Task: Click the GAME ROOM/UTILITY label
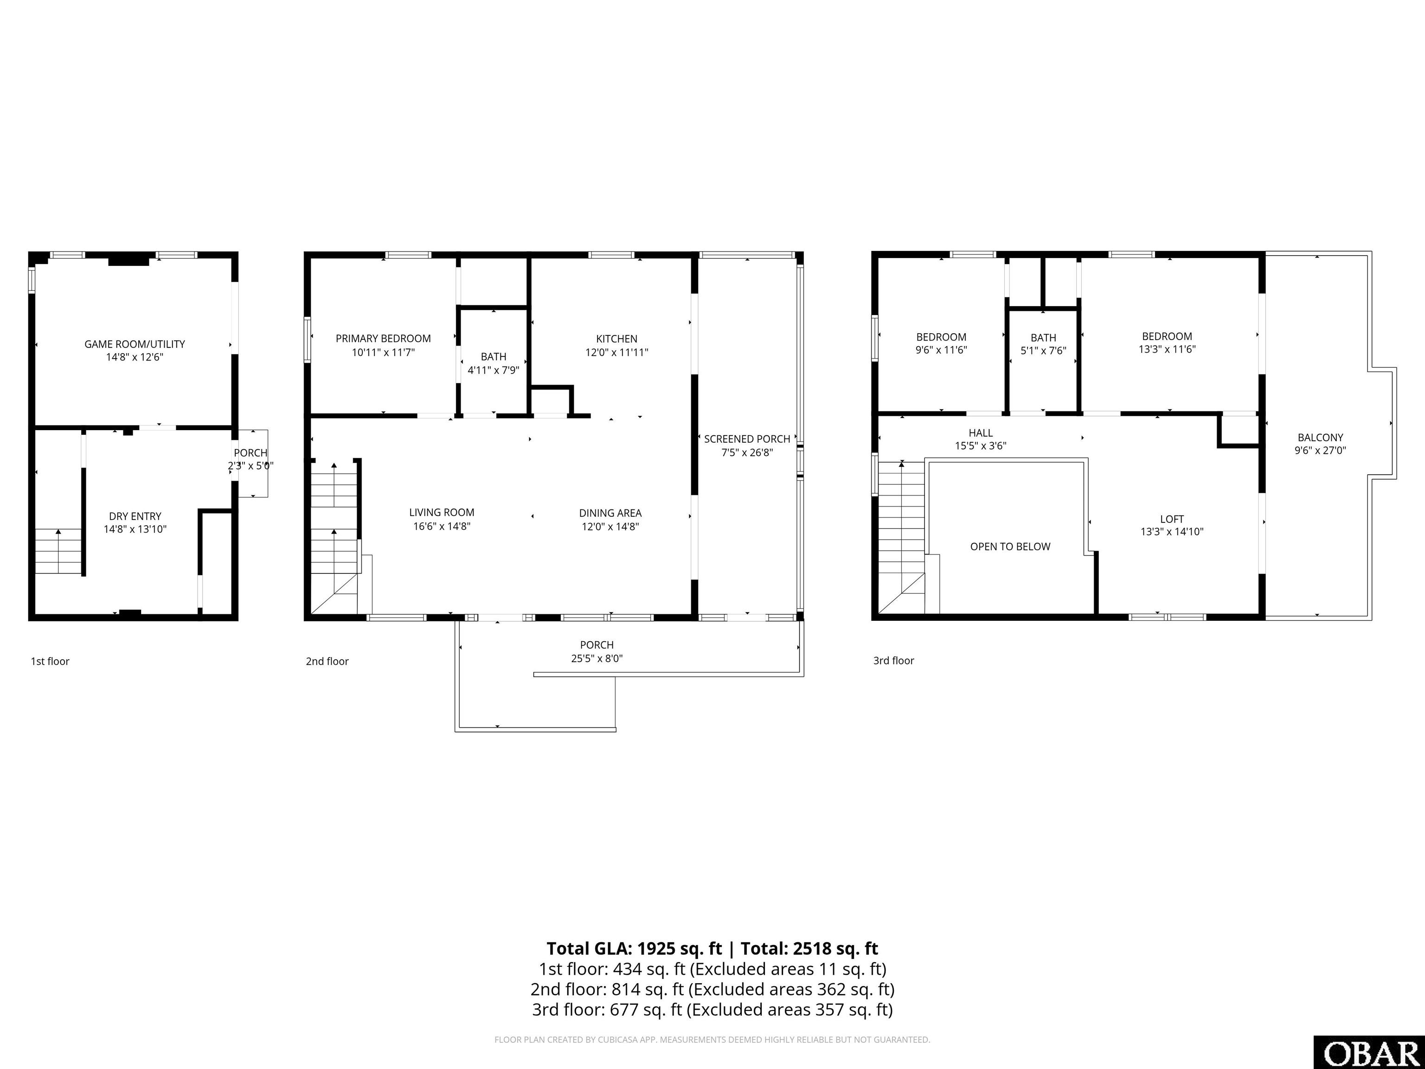(x=135, y=344)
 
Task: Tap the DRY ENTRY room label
(x=135, y=516)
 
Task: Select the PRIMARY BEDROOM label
(x=383, y=338)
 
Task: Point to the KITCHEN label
(x=616, y=339)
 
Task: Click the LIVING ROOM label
(x=442, y=512)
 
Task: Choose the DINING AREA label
(x=610, y=513)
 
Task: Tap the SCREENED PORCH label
(x=747, y=439)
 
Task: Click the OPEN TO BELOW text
(x=1010, y=547)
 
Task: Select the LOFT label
(x=1172, y=519)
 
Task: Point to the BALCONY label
(x=1321, y=438)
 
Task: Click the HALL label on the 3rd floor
(x=981, y=433)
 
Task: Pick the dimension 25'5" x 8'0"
(x=597, y=658)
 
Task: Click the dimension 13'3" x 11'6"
(x=1167, y=349)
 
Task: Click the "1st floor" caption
(x=50, y=661)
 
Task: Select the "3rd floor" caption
(x=893, y=661)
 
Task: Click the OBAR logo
(x=1369, y=1052)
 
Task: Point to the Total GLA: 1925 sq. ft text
(x=635, y=948)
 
